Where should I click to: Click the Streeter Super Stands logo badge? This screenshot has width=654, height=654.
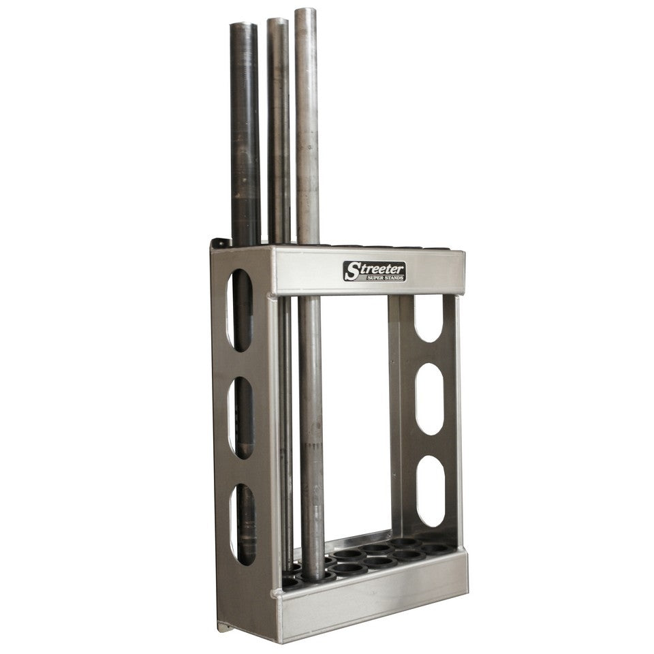(x=375, y=271)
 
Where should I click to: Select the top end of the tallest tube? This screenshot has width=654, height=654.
(x=305, y=12)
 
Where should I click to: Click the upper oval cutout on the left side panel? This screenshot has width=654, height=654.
(x=240, y=310)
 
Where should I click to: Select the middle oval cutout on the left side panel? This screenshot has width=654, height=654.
(x=240, y=417)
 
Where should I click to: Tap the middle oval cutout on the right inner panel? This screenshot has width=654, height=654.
(x=430, y=399)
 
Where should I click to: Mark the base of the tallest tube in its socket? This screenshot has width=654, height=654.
(x=314, y=576)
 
